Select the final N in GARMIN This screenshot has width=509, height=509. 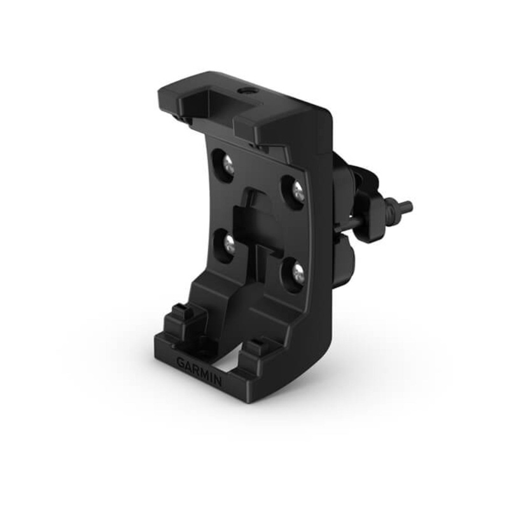pos(218,382)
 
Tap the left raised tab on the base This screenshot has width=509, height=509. pos(180,317)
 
